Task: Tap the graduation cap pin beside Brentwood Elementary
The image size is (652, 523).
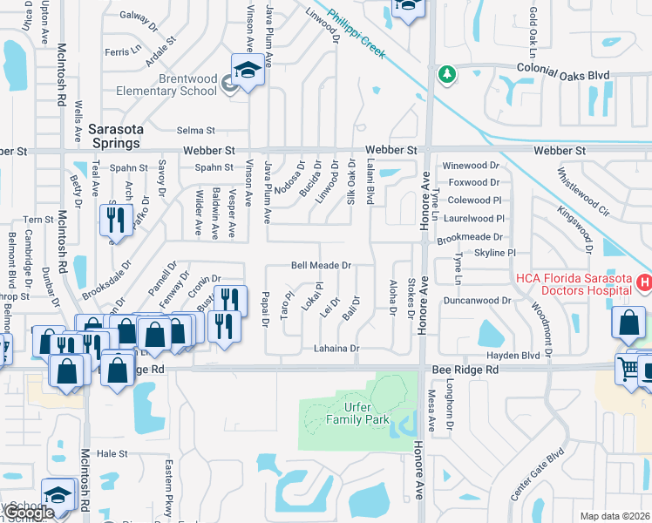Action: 247,70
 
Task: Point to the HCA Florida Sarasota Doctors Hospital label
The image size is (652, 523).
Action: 573,284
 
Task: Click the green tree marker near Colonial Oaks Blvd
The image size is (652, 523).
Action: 446,75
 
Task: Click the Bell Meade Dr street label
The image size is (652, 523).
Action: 320,265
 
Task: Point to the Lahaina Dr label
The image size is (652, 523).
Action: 336,349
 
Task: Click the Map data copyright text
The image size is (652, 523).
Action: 615,516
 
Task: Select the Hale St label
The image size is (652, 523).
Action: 112,453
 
